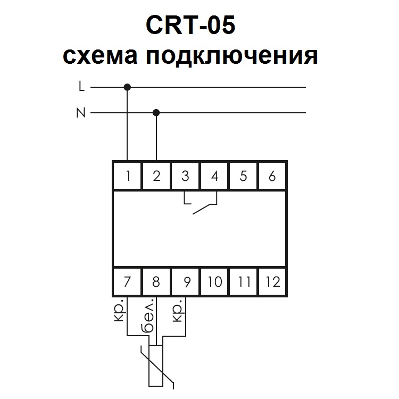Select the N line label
click(x=81, y=113)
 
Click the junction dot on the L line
click(x=127, y=87)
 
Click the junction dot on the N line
click(x=156, y=113)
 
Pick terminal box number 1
click(x=128, y=176)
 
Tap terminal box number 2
click(x=156, y=176)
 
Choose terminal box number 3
click(x=185, y=176)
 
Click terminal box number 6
click(x=272, y=176)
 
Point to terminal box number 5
click(x=244, y=176)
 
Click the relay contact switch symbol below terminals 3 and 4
click(x=201, y=205)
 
